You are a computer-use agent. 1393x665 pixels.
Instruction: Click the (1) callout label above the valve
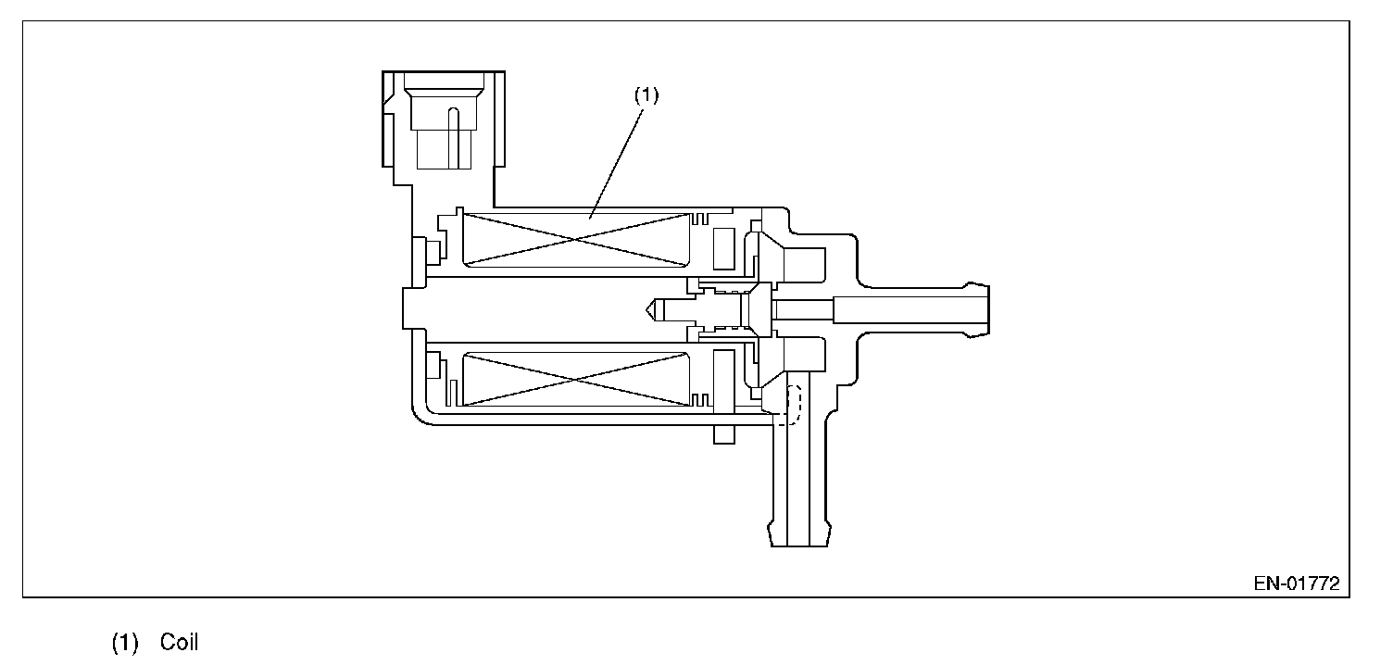tap(646, 94)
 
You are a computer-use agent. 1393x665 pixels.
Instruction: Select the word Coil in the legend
tap(179, 643)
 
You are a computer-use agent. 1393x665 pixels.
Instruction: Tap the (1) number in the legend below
tap(125, 643)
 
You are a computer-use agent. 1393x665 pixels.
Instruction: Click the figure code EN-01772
tap(1297, 584)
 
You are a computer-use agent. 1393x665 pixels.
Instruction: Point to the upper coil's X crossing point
tap(575, 240)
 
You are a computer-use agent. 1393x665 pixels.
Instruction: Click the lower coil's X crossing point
tap(575, 379)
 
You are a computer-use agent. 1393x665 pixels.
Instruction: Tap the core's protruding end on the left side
tap(412, 307)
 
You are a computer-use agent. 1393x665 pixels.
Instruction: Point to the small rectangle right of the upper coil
tap(726, 245)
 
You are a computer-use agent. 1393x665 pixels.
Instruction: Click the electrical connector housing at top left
tap(445, 120)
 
